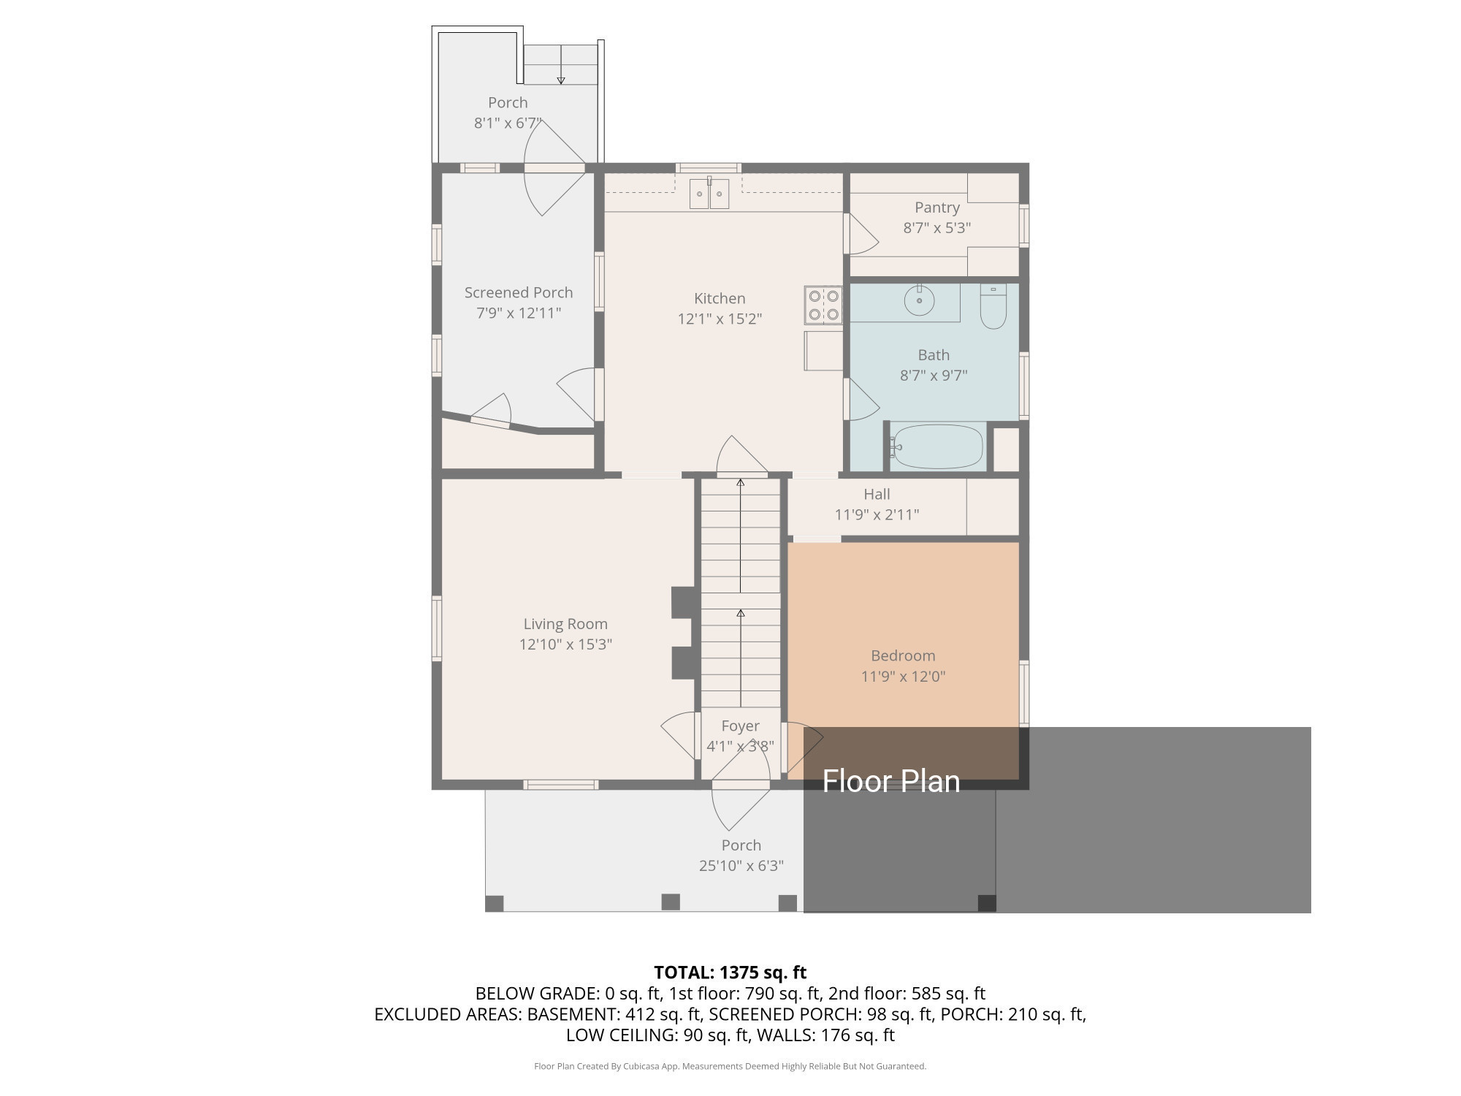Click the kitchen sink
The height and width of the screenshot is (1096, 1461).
[x=709, y=194]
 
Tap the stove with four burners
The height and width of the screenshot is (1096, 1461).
[x=823, y=305]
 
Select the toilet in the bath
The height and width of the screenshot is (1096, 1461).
[x=993, y=307]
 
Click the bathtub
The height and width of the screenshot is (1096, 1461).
[x=937, y=446]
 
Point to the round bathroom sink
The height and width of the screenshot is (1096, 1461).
[x=920, y=300]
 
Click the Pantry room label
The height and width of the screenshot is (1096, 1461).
[x=937, y=208]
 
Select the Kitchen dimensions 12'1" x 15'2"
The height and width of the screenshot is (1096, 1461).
[x=720, y=319]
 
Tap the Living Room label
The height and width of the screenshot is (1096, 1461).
[x=565, y=624]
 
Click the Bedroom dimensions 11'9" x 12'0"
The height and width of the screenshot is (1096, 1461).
[x=903, y=677]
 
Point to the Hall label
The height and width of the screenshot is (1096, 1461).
[x=876, y=494]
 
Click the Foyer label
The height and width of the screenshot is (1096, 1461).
[x=740, y=726]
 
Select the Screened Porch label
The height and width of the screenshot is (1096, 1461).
[x=518, y=292]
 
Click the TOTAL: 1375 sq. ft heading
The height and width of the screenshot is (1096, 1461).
[x=730, y=973]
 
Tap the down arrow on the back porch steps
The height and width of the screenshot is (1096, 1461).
[x=561, y=79]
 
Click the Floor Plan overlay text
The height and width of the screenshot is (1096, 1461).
[x=890, y=781]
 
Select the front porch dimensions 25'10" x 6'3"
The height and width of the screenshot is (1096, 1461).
[x=741, y=866]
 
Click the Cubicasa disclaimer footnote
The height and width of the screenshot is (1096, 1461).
[x=730, y=1066]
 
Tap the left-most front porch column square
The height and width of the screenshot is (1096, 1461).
[x=495, y=903]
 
